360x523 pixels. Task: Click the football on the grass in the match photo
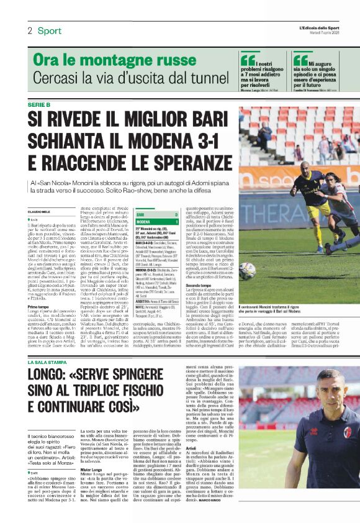point(248,269)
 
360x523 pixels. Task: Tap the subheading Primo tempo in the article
point(40,307)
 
